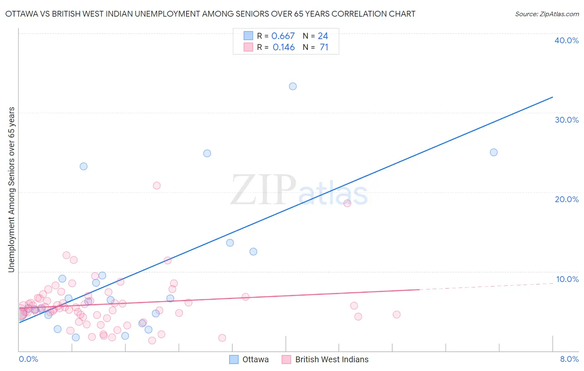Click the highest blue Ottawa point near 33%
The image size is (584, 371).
[x=293, y=87]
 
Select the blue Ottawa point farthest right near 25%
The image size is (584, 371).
[x=493, y=152]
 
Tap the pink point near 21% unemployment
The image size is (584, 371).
[x=157, y=185]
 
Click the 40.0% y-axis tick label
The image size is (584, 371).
[x=567, y=40]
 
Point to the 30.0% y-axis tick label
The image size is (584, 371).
[x=567, y=120]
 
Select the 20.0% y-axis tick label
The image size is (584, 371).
[x=567, y=199]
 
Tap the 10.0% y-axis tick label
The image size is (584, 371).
[x=567, y=279]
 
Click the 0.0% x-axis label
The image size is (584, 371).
[x=28, y=359]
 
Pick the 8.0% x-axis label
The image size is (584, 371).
[x=569, y=359]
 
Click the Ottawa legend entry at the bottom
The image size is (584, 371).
[x=255, y=359]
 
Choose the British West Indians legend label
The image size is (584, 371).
[x=331, y=359]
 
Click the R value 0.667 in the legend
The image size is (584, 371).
[x=283, y=36]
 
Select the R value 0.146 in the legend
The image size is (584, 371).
[x=284, y=47]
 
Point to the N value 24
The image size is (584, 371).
[x=323, y=36]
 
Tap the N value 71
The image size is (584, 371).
[x=324, y=47]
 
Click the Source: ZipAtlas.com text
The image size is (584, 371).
[x=547, y=14]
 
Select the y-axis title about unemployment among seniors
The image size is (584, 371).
[x=11, y=190]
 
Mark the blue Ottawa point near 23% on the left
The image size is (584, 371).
[x=83, y=166]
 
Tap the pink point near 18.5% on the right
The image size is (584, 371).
[x=347, y=203]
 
